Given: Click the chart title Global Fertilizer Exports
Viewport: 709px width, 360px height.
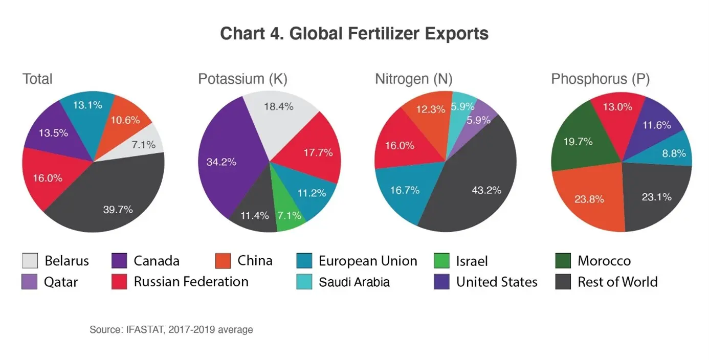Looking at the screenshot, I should point(354,34).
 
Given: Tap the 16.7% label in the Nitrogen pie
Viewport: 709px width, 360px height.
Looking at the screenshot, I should point(405,190).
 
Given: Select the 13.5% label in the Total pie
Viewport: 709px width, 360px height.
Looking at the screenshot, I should point(53,133).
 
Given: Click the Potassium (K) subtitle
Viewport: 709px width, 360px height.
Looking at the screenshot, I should point(242,79).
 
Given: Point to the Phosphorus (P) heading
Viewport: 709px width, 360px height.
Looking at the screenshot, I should point(600,79).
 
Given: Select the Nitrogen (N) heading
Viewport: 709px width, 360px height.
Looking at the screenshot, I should point(413,79).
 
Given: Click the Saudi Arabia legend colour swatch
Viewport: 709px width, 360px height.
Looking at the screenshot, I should point(304,282).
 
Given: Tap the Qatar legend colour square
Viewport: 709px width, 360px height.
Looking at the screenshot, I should point(29,282).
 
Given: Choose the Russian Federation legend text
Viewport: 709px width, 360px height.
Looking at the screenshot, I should point(191,282).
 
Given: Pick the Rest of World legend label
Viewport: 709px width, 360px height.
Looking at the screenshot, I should point(617,282).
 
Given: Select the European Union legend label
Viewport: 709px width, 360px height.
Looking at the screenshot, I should point(367,261).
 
